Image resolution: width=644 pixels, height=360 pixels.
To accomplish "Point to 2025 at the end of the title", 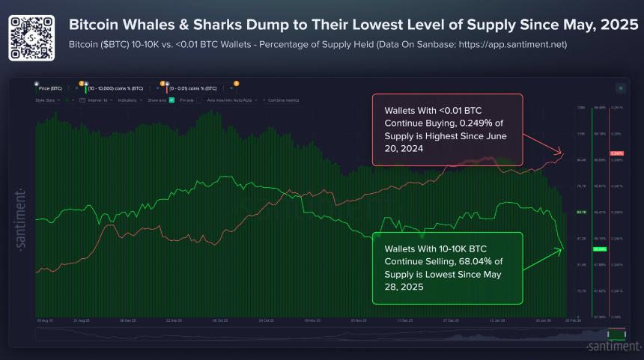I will (x=618, y=25).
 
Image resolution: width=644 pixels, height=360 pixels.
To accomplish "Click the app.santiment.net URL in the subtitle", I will (x=517, y=45).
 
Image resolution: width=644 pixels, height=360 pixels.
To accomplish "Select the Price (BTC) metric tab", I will (x=52, y=88).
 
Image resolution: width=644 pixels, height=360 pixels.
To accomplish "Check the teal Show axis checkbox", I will (x=171, y=100).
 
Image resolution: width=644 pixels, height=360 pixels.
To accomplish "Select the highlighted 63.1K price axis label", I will (x=580, y=212).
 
